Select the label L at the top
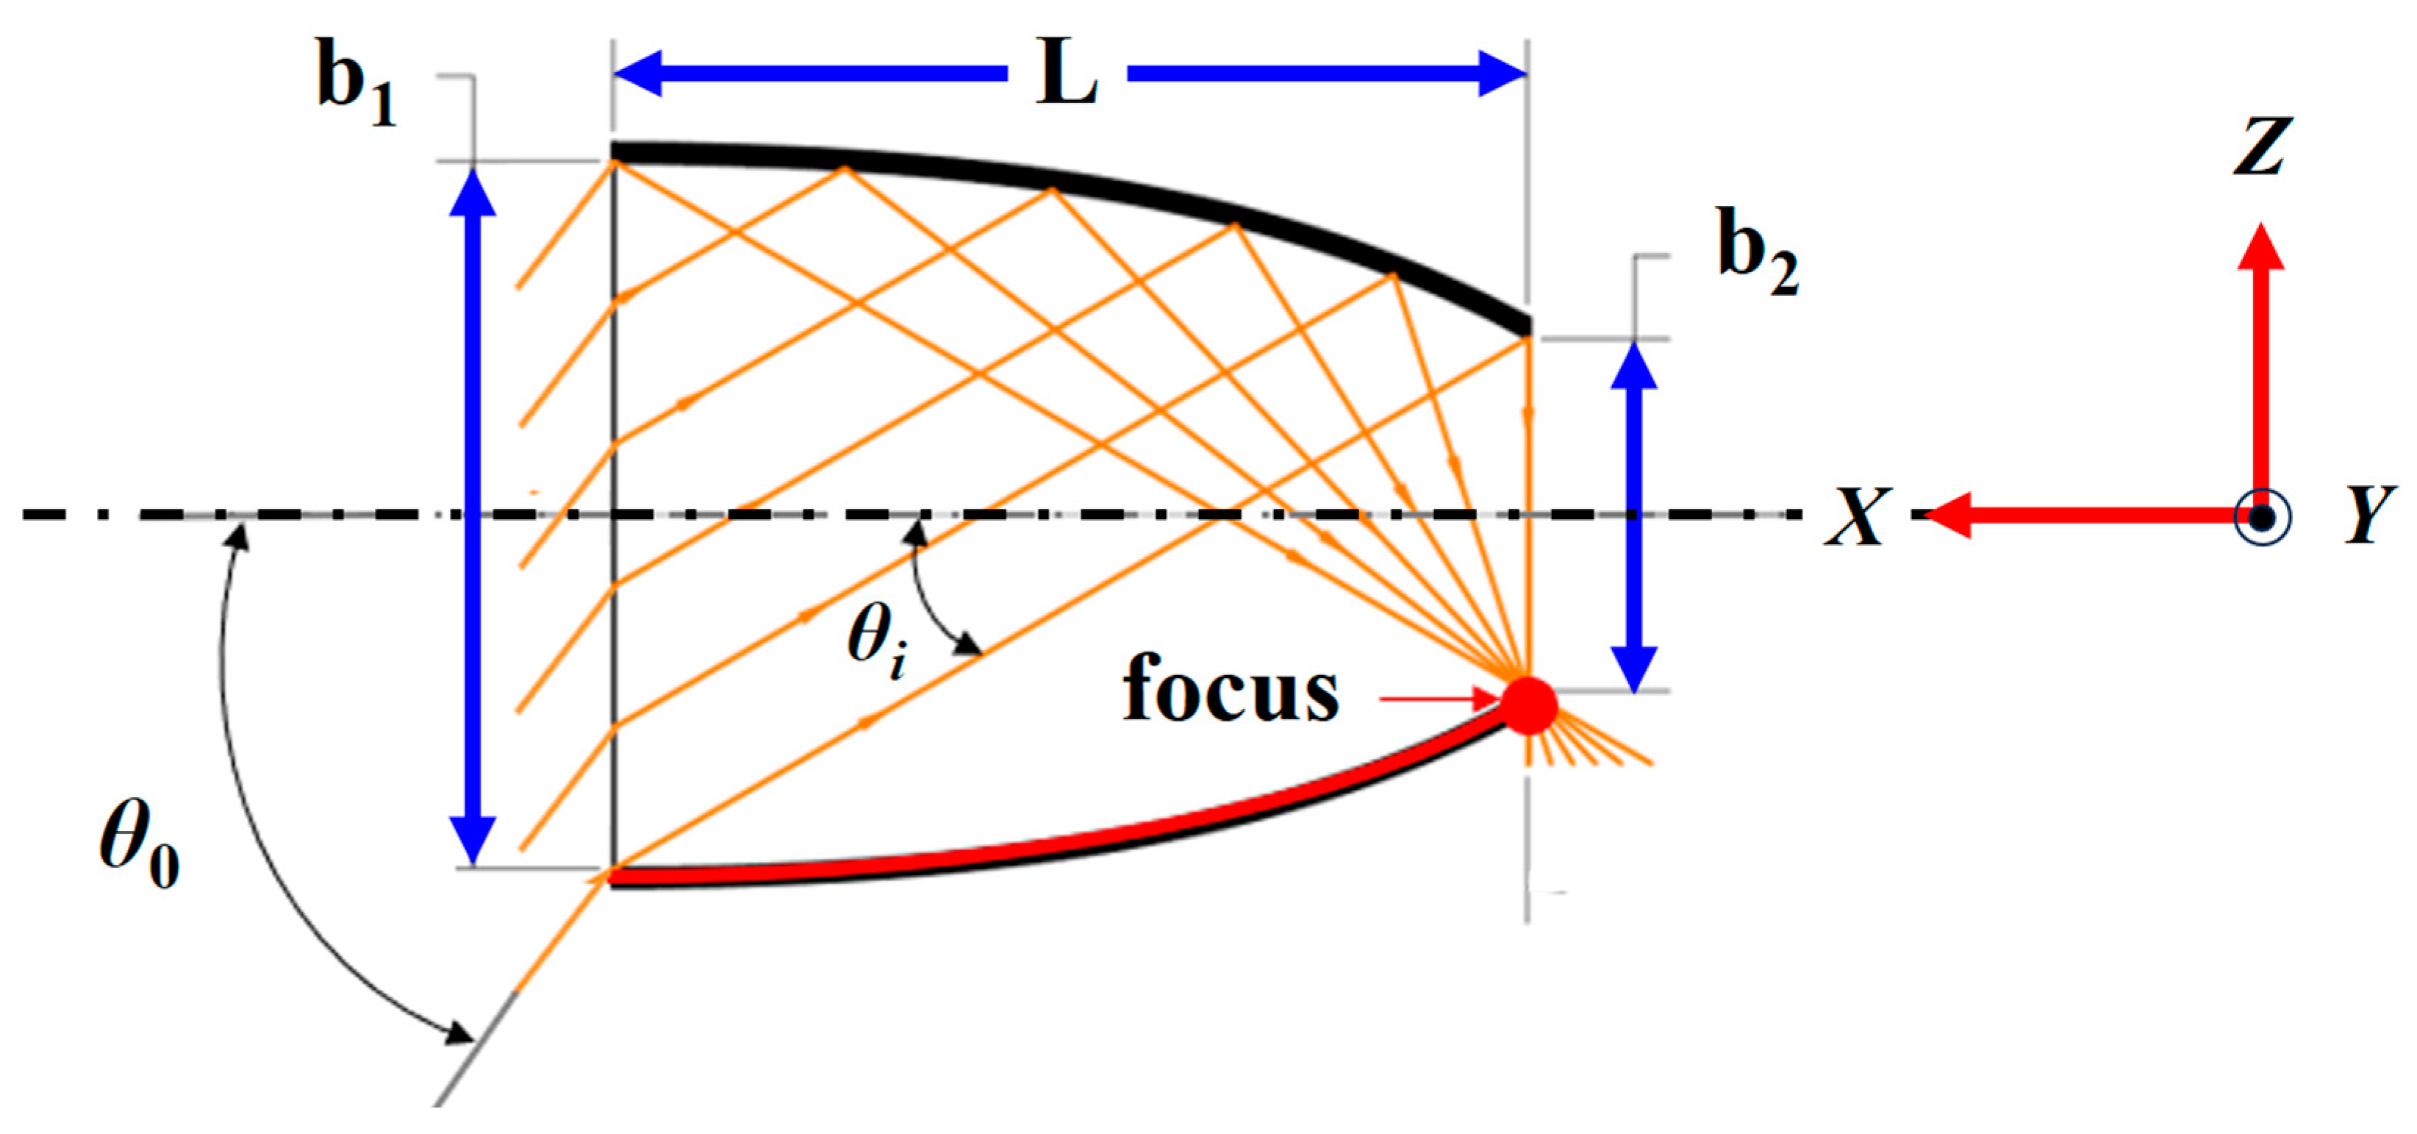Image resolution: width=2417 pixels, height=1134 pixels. coord(1067,74)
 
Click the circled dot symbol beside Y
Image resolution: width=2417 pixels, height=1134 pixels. coord(2262,516)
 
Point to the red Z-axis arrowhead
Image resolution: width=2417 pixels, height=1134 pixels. coord(2261,246)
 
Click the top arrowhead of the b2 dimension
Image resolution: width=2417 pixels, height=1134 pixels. coord(1633,363)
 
